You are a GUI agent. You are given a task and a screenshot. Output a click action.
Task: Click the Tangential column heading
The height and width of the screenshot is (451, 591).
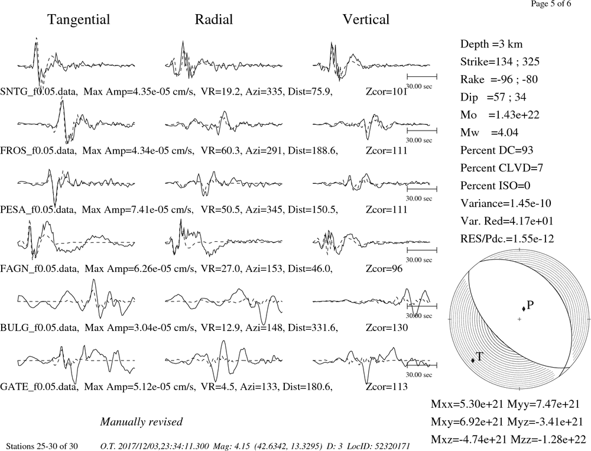coord(79,20)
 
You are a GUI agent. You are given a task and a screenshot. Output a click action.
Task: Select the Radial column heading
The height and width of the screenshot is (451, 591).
coord(214,20)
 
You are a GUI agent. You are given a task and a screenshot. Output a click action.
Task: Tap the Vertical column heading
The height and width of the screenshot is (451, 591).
coord(366,20)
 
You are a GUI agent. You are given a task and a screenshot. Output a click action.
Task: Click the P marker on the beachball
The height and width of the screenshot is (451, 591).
coord(524,309)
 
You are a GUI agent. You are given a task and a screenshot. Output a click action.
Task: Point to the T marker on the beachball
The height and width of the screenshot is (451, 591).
coord(473,360)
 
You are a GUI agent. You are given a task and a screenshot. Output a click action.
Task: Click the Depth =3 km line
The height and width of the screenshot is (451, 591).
coord(492,44)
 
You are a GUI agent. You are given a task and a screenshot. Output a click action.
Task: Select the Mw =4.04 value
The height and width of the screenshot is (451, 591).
coord(489,132)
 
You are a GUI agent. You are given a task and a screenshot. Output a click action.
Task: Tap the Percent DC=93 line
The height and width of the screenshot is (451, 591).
coord(497,150)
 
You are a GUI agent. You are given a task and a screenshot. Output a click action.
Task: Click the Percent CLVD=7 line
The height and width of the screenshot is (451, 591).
coord(502,168)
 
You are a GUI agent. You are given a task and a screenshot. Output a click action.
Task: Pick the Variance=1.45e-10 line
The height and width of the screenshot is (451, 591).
coord(506,203)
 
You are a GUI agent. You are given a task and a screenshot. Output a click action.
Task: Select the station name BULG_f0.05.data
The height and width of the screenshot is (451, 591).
coord(40,327)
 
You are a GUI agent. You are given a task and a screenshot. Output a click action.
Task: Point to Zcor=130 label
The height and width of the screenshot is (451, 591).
coord(387,327)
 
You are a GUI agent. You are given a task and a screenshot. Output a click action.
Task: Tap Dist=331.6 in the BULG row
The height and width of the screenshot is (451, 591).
coord(313,327)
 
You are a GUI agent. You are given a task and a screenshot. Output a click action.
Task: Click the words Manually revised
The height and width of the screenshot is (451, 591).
coord(141,421)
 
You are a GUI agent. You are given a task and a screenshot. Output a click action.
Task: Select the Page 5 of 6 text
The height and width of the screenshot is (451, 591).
coord(551,4)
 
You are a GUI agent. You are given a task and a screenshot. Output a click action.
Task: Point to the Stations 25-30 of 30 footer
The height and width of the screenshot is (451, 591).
coord(42,446)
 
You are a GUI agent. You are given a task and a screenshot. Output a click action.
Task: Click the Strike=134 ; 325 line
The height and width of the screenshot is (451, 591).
coord(500,61)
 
